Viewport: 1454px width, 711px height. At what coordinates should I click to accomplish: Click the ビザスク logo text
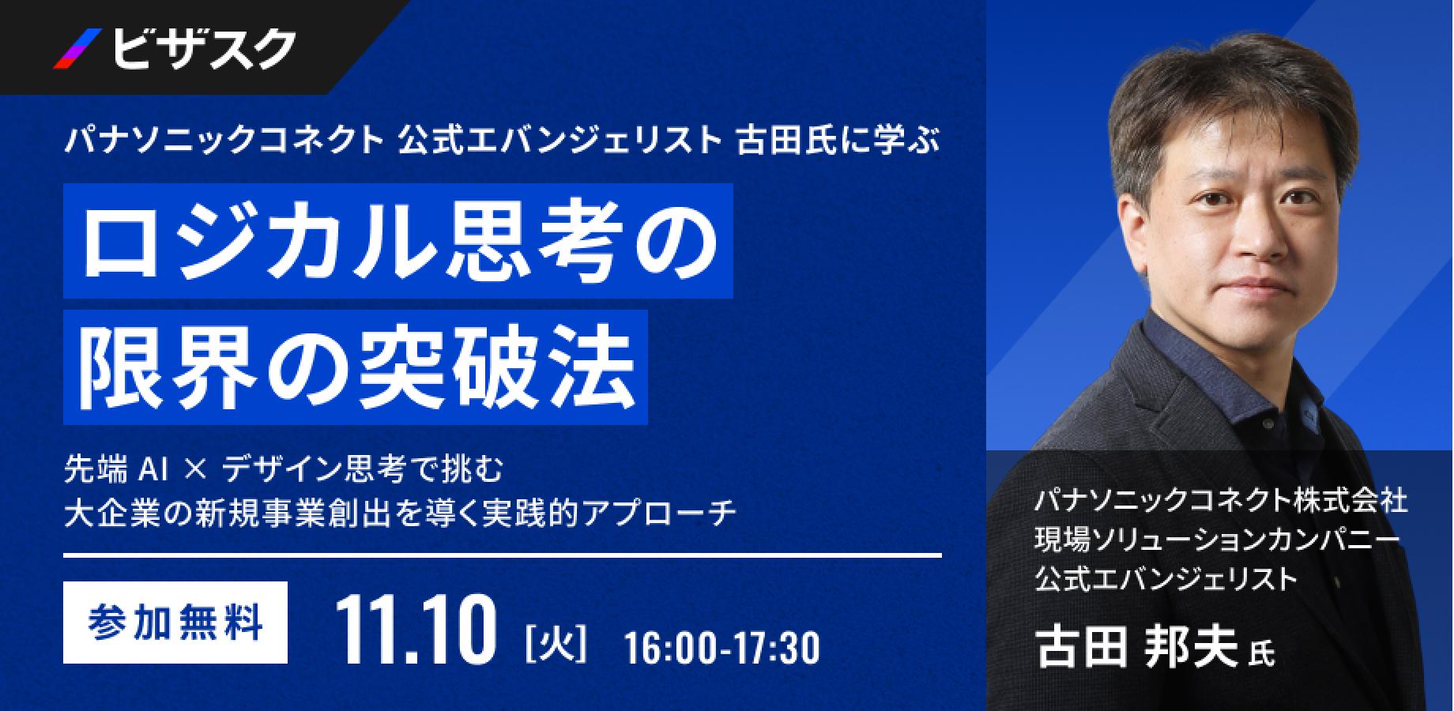pyautogui.click(x=204, y=49)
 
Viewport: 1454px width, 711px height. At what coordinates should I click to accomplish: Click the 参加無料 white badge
pyautogui.click(x=175, y=623)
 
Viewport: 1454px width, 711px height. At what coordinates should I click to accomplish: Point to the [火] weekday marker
pyautogui.click(x=556, y=644)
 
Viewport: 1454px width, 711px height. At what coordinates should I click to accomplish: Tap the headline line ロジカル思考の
pyautogui.click(x=398, y=241)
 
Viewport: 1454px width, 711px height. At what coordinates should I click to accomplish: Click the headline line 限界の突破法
pyautogui.click(x=356, y=367)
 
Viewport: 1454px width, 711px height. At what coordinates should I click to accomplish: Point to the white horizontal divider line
pyautogui.click(x=503, y=556)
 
